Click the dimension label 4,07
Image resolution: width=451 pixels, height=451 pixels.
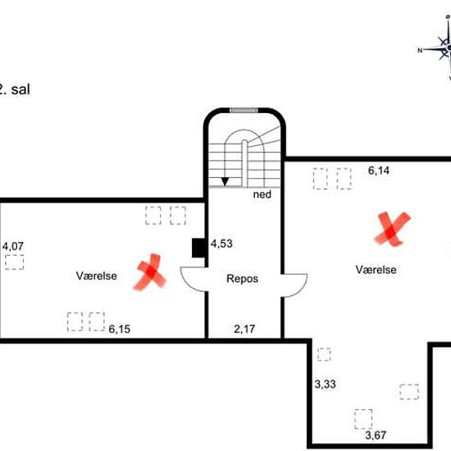(12, 246)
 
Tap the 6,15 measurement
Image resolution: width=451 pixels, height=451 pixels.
(120, 329)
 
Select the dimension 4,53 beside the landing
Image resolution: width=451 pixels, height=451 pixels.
(221, 244)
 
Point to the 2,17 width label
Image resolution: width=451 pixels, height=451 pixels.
(244, 329)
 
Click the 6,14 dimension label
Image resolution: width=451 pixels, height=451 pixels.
(379, 171)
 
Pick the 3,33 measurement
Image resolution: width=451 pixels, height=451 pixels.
(325, 384)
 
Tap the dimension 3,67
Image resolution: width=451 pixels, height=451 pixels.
(376, 435)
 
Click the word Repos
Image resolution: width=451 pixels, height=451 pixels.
(242, 279)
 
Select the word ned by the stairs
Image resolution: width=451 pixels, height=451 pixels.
(262, 194)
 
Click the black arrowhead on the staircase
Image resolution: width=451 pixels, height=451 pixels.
(225, 181)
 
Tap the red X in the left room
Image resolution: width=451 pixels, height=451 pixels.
(150, 272)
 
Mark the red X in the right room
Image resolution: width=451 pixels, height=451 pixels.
(392, 230)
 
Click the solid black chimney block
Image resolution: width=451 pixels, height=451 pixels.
(198, 248)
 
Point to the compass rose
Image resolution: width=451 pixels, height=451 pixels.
(440, 48)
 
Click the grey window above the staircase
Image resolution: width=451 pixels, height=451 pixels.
(244, 110)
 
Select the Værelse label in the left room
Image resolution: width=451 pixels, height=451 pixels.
(97, 276)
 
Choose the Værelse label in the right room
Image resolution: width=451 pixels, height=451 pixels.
(376, 270)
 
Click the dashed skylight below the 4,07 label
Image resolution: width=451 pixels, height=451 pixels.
(15, 262)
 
